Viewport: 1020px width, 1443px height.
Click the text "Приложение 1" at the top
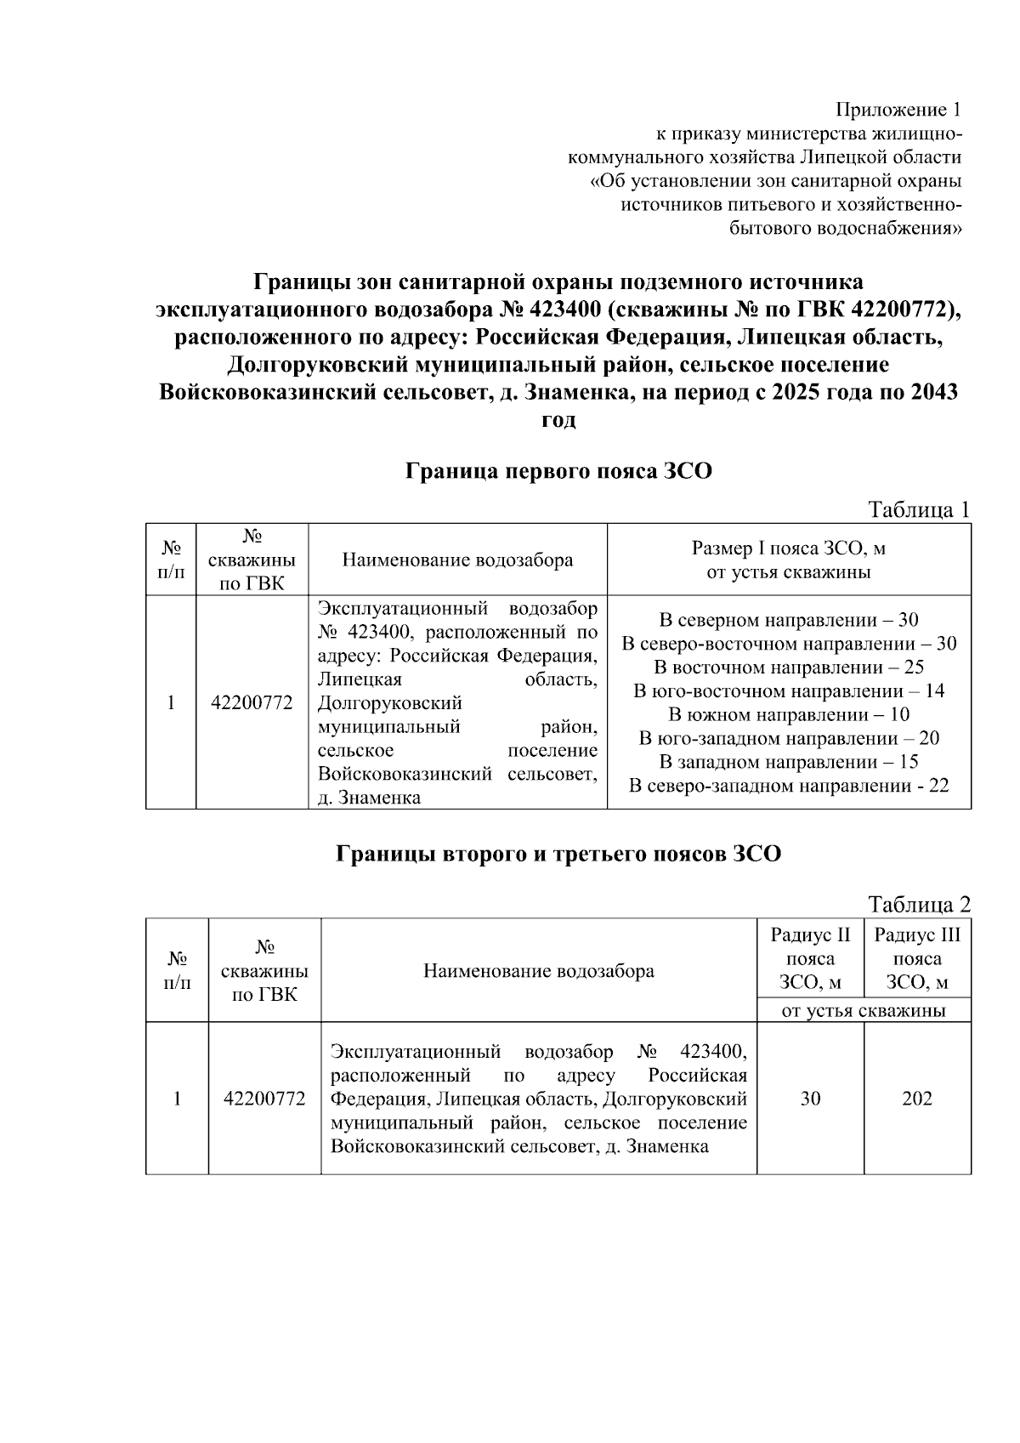pyautogui.click(x=898, y=110)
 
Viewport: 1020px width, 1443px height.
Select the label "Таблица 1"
pyautogui.click(x=919, y=509)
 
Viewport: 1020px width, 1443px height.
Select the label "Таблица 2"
pyautogui.click(x=919, y=904)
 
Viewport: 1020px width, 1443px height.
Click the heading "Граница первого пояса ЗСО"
pyautogui.click(x=558, y=470)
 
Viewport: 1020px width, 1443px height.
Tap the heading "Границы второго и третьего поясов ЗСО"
pyautogui.click(x=558, y=854)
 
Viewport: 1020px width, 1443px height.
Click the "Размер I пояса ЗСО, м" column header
pyautogui.click(x=789, y=549)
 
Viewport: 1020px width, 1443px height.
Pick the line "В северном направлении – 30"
pyautogui.click(x=789, y=620)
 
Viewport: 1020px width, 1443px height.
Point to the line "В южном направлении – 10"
pyautogui.click(x=789, y=714)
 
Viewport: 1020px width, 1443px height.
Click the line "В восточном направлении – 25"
pyautogui.click(x=789, y=667)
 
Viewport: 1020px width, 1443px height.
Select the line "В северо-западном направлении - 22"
pyautogui.click(x=789, y=786)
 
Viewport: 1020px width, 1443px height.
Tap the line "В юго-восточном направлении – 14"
pyautogui.click(x=789, y=690)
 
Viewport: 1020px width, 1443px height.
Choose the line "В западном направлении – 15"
pyautogui.click(x=789, y=762)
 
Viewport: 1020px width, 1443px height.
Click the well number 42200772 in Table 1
pyautogui.click(x=252, y=703)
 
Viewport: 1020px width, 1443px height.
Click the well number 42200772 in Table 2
pyautogui.click(x=264, y=1099)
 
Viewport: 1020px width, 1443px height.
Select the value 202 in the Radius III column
pyautogui.click(x=917, y=1099)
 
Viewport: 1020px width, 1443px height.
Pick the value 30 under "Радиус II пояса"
pyautogui.click(x=810, y=1099)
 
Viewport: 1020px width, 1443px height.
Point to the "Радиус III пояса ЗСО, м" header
pyautogui.click(x=917, y=959)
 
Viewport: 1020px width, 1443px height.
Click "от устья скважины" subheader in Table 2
pyautogui.click(x=864, y=1011)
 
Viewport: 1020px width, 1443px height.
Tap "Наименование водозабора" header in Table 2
pyautogui.click(x=539, y=971)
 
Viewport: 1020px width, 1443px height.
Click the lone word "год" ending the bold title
pyautogui.click(x=558, y=419)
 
